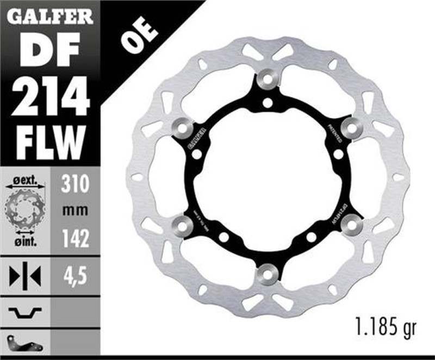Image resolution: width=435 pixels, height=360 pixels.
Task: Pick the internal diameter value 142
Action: [74, 239]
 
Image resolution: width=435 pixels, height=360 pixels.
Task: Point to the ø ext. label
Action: [24, 179]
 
